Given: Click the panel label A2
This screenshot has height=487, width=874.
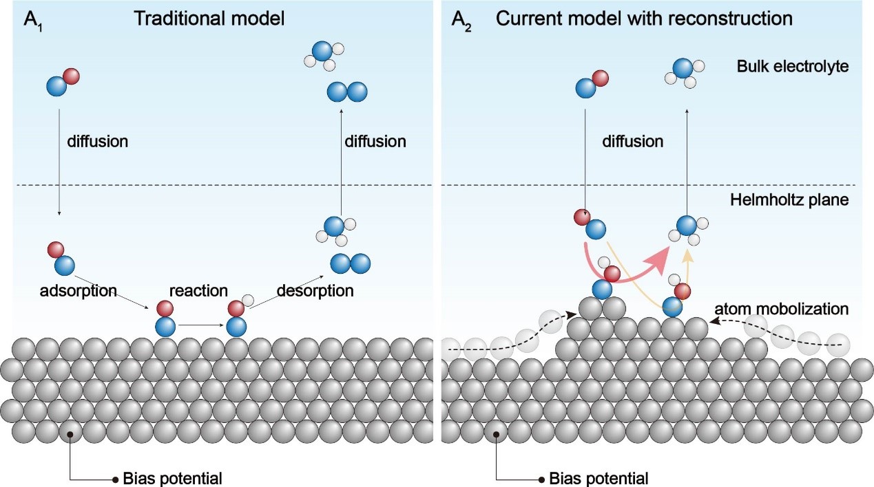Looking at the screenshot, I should point(459,19).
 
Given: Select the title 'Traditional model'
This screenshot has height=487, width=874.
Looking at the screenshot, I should point(209,19).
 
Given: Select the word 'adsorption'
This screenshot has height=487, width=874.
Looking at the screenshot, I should point(79,291).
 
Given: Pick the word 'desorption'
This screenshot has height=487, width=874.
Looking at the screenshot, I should point(315,291).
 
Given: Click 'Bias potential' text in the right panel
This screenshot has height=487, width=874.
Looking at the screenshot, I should point(599,477).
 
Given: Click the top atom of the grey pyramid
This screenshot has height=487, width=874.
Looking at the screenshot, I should point(593,308).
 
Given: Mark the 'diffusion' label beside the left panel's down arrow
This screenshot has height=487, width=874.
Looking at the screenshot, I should point(98,142).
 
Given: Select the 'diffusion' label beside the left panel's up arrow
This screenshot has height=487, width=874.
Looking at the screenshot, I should point(375,142).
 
